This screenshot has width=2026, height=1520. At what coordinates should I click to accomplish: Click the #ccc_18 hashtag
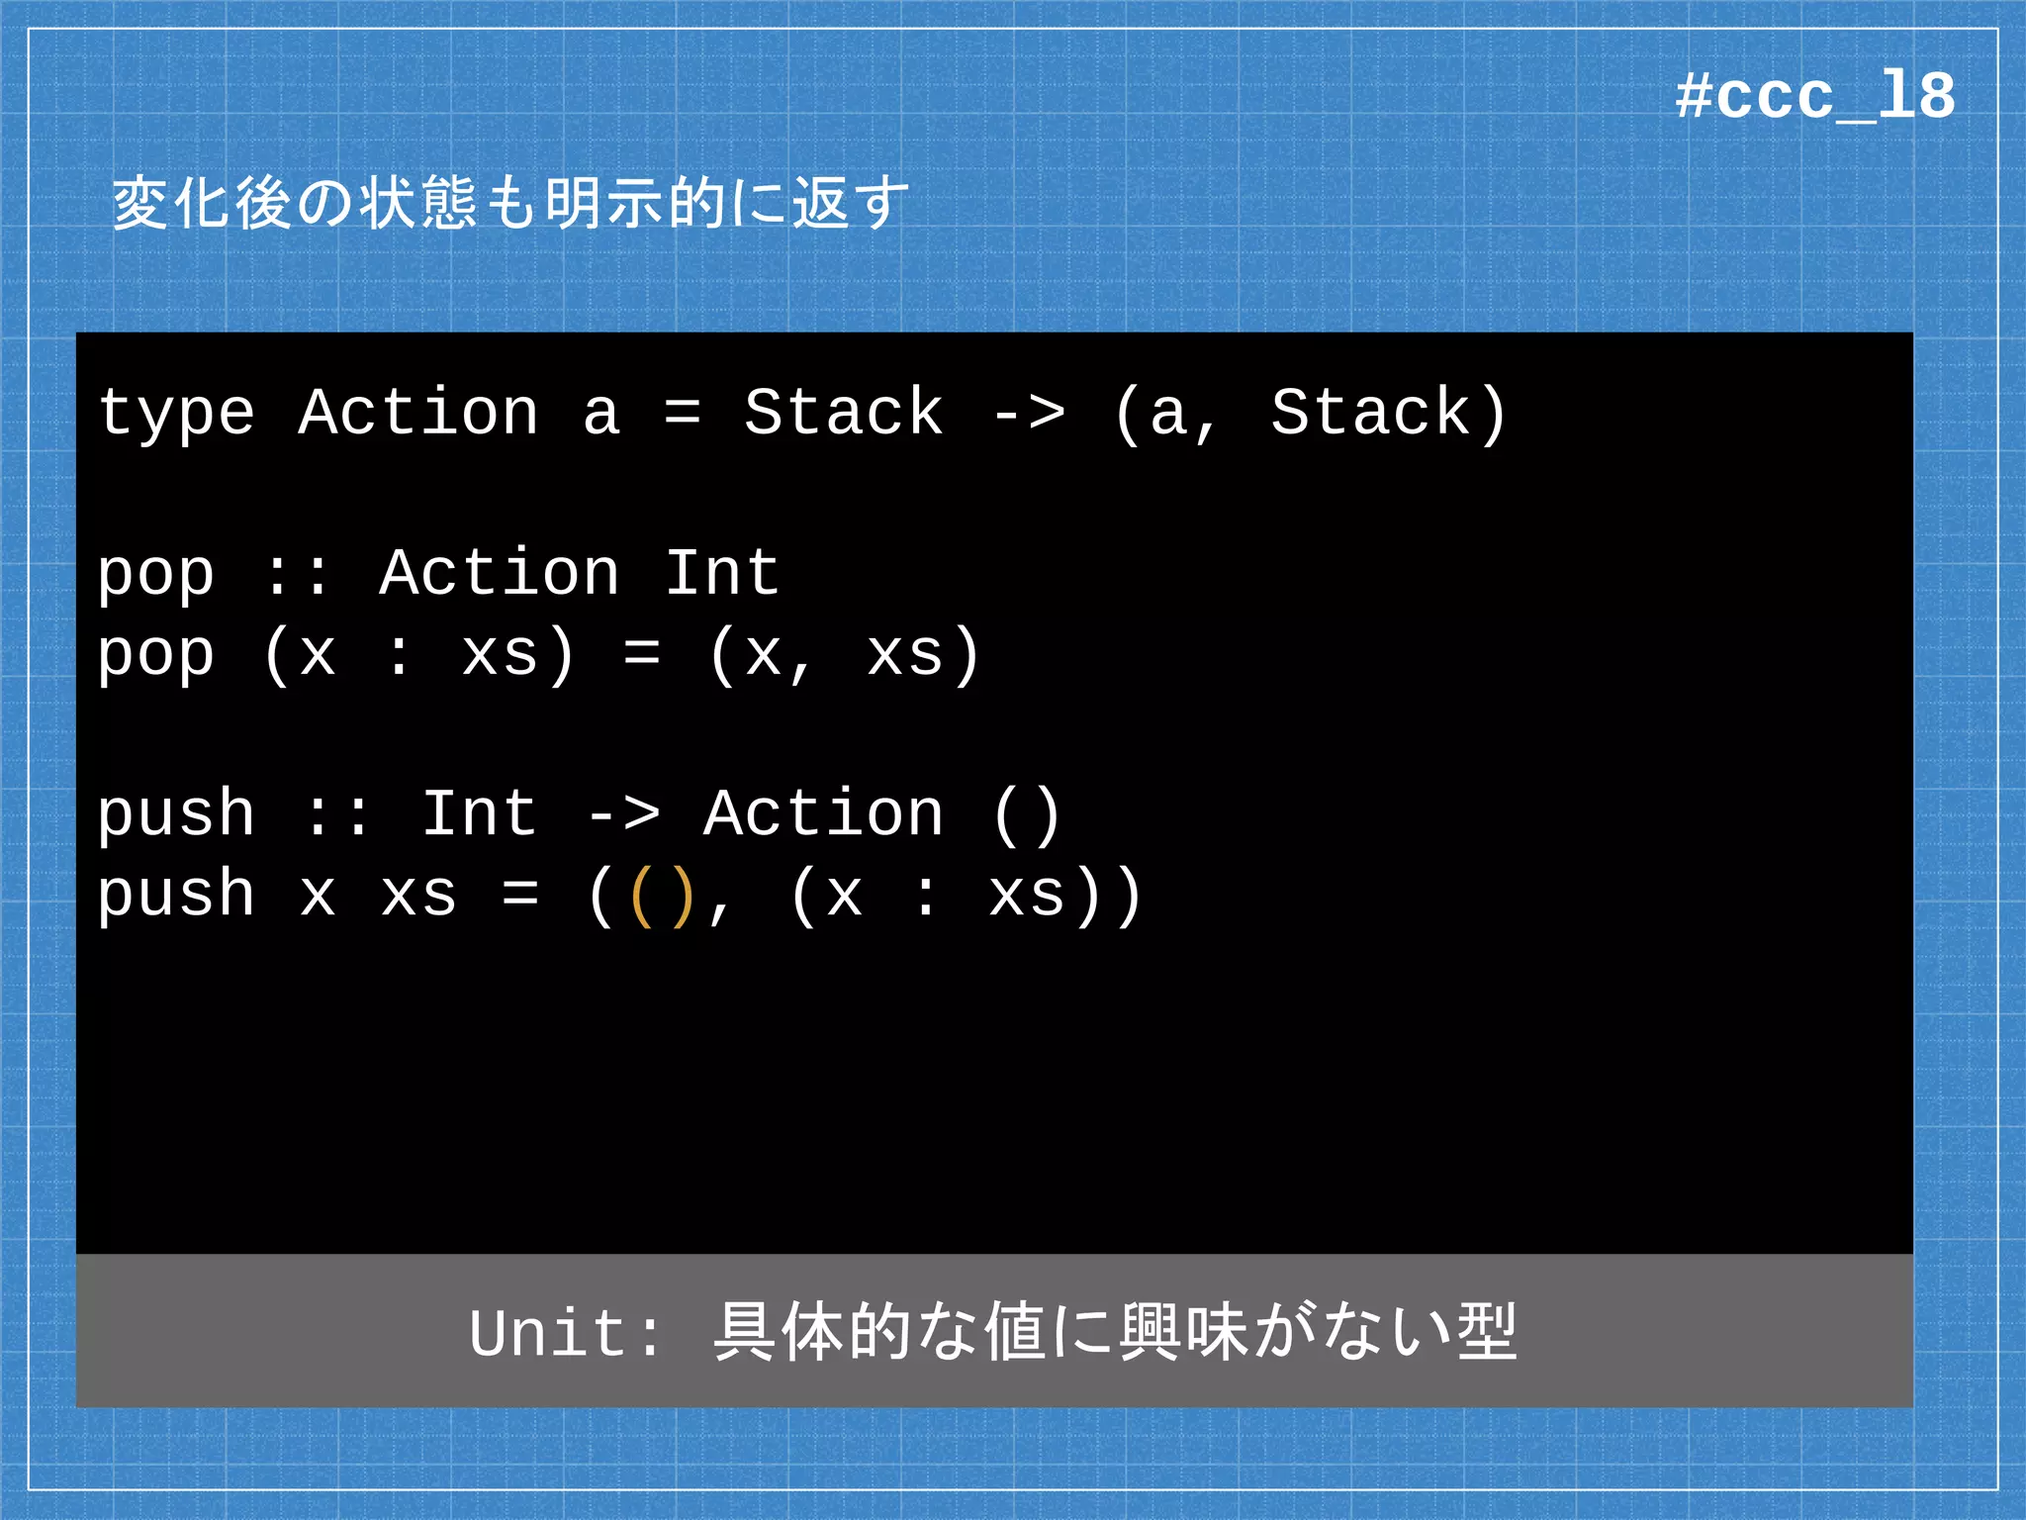pos(1814,97)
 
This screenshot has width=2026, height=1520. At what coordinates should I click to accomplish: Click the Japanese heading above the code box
pos(509,203)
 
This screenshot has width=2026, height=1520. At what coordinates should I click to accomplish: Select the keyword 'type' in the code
pos(176,414)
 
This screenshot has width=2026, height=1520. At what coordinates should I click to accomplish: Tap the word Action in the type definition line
pos(418,412)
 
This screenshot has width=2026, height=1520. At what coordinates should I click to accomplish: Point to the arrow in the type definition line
pos(1029,414)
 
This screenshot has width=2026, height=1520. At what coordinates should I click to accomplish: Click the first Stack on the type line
pos(844,412)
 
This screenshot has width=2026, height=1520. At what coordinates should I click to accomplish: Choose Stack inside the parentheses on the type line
pos(1371,412)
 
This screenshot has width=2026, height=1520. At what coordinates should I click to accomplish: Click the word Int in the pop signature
pos(722,573)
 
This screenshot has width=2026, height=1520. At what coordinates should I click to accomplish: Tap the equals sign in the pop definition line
pos(642,653)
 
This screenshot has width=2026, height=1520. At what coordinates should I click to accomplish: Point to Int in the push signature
pos(480,813)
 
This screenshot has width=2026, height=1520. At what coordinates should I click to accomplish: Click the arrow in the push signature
pos(623,815)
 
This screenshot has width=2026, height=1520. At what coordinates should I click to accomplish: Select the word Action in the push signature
pos(823,813)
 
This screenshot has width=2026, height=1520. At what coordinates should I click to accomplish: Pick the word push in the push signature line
pos(176,813)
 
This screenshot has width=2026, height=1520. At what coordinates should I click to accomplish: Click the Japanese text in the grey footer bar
pos(1114,1332)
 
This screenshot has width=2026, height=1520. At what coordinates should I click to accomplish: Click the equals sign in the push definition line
pos(520,895)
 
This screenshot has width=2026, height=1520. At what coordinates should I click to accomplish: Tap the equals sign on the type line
pos(683,414)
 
